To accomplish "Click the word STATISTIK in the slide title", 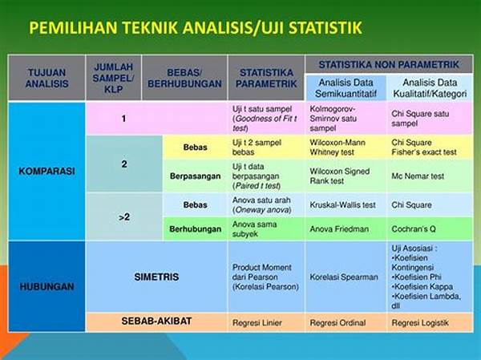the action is click(325, 27).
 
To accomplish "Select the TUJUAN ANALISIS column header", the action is click(47, 78).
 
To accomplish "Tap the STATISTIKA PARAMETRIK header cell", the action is click(266, 78).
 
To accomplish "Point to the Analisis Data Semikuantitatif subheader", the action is click(346, 87).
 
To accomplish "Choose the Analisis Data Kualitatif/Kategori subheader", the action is click(430, 87).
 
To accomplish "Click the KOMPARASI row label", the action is click(46, 171).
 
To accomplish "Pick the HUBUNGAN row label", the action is click(46, 287).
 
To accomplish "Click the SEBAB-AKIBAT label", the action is click(156, 321).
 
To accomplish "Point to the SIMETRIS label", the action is click(156, 277).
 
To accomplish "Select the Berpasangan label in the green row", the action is click(195, 176).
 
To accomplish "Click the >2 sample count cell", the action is click(124, 217).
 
